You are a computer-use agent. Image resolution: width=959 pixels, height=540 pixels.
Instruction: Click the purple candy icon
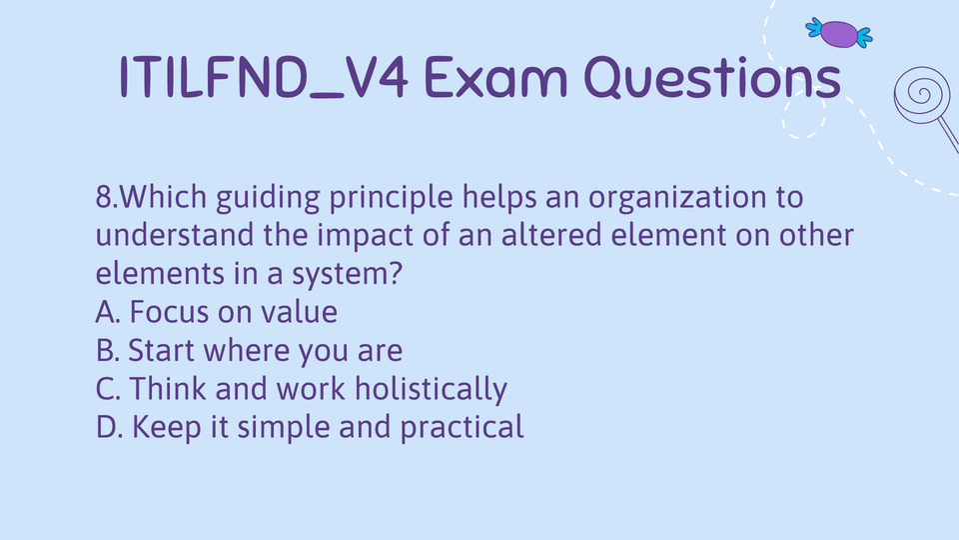pos(839,33)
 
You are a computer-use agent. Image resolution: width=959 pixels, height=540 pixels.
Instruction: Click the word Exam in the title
pos(495,77)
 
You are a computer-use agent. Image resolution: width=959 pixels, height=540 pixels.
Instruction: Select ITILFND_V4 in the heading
pos(263,77)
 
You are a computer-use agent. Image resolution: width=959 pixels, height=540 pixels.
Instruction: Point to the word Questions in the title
pos(712,77)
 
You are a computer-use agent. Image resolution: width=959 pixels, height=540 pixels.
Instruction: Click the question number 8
pos(104,197)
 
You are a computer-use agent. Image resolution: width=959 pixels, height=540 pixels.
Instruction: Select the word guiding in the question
pos(268,198)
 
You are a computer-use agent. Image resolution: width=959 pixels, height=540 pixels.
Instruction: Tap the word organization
pos(677,198)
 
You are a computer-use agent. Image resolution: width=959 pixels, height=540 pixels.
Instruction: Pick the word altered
pos(551,235)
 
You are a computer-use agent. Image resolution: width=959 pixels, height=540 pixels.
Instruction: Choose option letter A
pos(108,312)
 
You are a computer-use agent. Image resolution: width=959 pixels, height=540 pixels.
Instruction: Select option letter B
pos(107,350)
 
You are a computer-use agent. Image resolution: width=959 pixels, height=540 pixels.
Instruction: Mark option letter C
pos(108,389)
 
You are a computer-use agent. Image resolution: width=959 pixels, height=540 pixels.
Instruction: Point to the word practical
pos(462,428)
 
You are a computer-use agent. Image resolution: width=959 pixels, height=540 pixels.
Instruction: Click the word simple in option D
pos(284,428)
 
